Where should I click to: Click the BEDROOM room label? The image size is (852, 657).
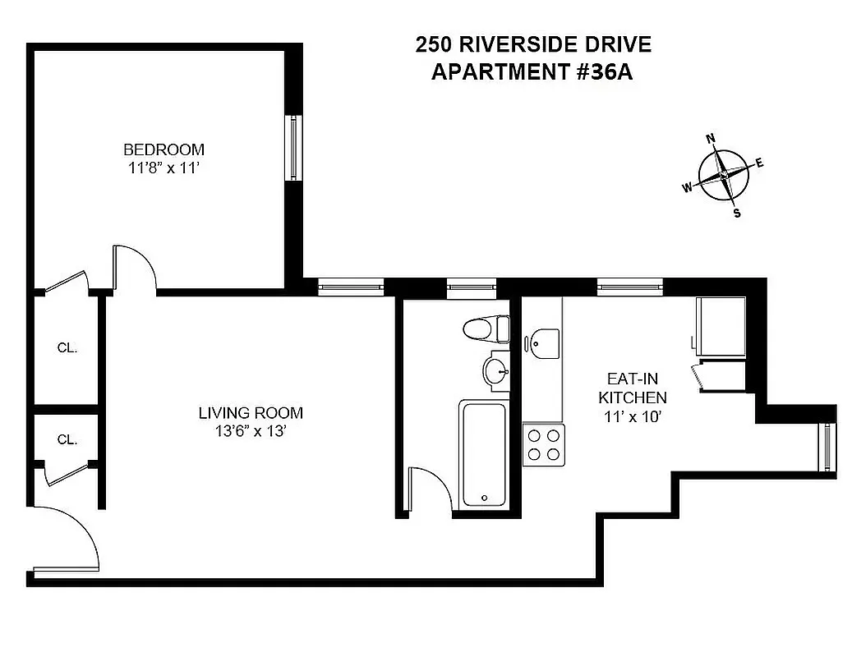(163, 149)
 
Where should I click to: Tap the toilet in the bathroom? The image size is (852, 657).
(486, 330)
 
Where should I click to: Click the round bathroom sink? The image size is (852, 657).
(495, 372)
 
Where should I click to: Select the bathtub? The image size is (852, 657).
(485, 453)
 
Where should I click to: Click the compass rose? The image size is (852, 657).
(724, 175)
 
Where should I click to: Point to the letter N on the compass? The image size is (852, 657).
(712, 138)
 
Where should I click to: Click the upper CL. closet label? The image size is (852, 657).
(67, 347)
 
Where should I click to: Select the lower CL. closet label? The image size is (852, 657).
(67, 439)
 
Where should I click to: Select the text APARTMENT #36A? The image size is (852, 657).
(532, 72)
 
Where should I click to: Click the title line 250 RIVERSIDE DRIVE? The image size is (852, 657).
(533, 44)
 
